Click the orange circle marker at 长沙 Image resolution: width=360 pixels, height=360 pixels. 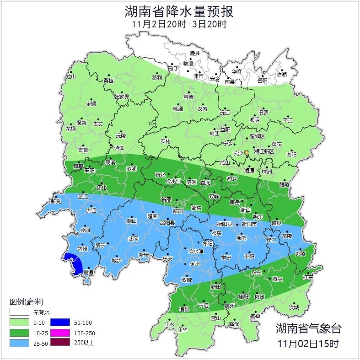(247, 152)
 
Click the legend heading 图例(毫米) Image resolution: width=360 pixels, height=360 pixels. (26, 302)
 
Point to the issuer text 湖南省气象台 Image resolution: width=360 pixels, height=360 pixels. (308, 328)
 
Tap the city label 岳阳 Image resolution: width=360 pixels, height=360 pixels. (262, 81)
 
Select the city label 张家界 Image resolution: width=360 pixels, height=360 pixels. (122, 97)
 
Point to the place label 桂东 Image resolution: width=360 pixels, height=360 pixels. (308, 277)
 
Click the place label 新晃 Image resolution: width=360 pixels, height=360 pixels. (56, 201)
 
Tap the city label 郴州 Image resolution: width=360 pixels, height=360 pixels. (259, 296)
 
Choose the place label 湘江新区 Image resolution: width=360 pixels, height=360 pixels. (264, 151)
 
